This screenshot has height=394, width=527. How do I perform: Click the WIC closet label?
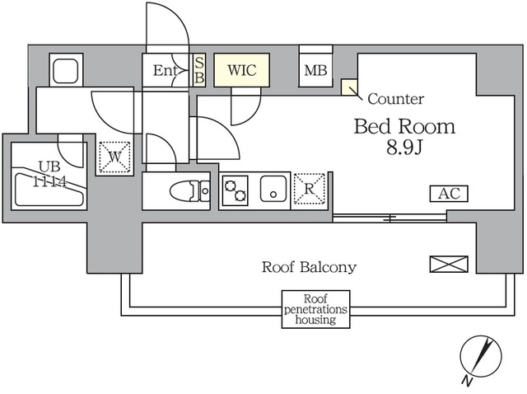241,71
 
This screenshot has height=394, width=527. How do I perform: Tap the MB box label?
315,71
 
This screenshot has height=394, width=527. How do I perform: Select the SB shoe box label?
199,71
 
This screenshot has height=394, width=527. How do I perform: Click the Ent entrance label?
166,71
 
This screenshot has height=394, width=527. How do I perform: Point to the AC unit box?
449,194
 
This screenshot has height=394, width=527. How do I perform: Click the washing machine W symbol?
114,156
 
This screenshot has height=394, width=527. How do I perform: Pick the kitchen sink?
272,190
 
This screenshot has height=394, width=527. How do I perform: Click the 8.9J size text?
404,150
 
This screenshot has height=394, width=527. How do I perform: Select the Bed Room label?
404,127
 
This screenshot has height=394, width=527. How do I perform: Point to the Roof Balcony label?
309,267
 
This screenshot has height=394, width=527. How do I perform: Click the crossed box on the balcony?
448,265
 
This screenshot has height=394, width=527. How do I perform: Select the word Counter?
395,100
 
